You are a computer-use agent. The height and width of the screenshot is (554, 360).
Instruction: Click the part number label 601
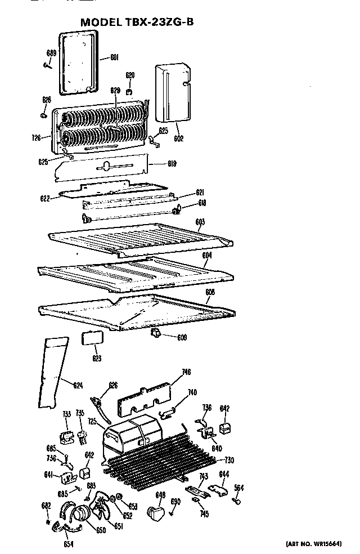click(114, 56)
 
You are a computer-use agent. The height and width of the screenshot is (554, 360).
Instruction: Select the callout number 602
click(179, 138)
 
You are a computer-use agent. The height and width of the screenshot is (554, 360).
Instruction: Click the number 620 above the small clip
click(130, 75)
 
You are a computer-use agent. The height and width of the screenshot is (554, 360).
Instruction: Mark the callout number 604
click(207, 255)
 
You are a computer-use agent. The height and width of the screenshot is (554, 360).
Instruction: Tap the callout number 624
click(78, 385)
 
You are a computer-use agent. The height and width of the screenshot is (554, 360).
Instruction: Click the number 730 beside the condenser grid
click(229, 459)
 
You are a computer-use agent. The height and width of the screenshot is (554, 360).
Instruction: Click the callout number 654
click(69, 544)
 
